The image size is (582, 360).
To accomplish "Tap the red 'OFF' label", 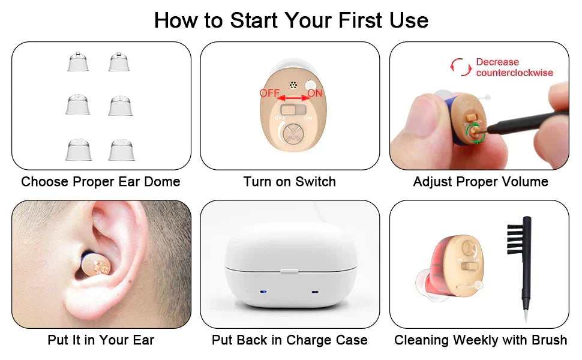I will pyautogui.click(x=270, y=94).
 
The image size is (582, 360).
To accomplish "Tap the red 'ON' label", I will pyautogui.click(x=315, y=94).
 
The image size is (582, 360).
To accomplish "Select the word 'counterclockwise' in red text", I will pyautogui.click(x=514, y=73).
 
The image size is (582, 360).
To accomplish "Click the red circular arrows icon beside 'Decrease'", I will pyautogui.click(x=461, y=67).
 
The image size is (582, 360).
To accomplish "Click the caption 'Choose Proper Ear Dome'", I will pyautogui.click(x=101, y=182).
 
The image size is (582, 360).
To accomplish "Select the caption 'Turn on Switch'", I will pyautogui.click(x=290, y=182).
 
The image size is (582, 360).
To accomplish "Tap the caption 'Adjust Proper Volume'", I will pyautogui.click(x=481, y=182).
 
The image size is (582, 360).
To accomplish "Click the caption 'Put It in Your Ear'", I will pyautogui.click(x=101, y=340).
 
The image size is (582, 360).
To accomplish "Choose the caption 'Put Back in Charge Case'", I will pyautogui.click(x=290, y=340).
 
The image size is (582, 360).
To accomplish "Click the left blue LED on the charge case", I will pyautogui.click(x=263, y=292).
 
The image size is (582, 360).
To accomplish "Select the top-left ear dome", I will pyautogui.click(x=78, y=62).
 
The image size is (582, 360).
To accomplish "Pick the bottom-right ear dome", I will pyautogui.click(x=121, y=150).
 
